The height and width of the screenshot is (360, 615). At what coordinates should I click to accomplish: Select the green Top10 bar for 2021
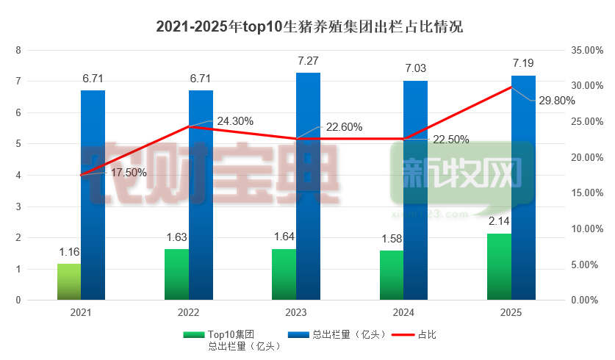click(69, 282)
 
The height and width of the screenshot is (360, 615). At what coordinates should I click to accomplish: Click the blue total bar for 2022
click(201, 195)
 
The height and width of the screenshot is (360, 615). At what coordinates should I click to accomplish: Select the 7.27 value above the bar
click(308, 61)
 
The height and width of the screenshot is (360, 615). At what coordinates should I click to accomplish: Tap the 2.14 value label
click(499, 221)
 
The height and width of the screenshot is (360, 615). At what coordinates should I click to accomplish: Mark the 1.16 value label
click(69, 252)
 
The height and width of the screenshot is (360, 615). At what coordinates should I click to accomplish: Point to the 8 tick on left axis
click(18, 50)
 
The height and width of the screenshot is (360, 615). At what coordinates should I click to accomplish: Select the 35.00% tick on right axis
click(586, 50)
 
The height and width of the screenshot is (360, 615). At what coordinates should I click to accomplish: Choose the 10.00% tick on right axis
click(586, 228)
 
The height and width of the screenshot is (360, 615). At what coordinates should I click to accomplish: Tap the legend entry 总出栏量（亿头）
click(345, 334)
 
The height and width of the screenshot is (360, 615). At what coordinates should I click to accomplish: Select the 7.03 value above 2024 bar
click(415, 68)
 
